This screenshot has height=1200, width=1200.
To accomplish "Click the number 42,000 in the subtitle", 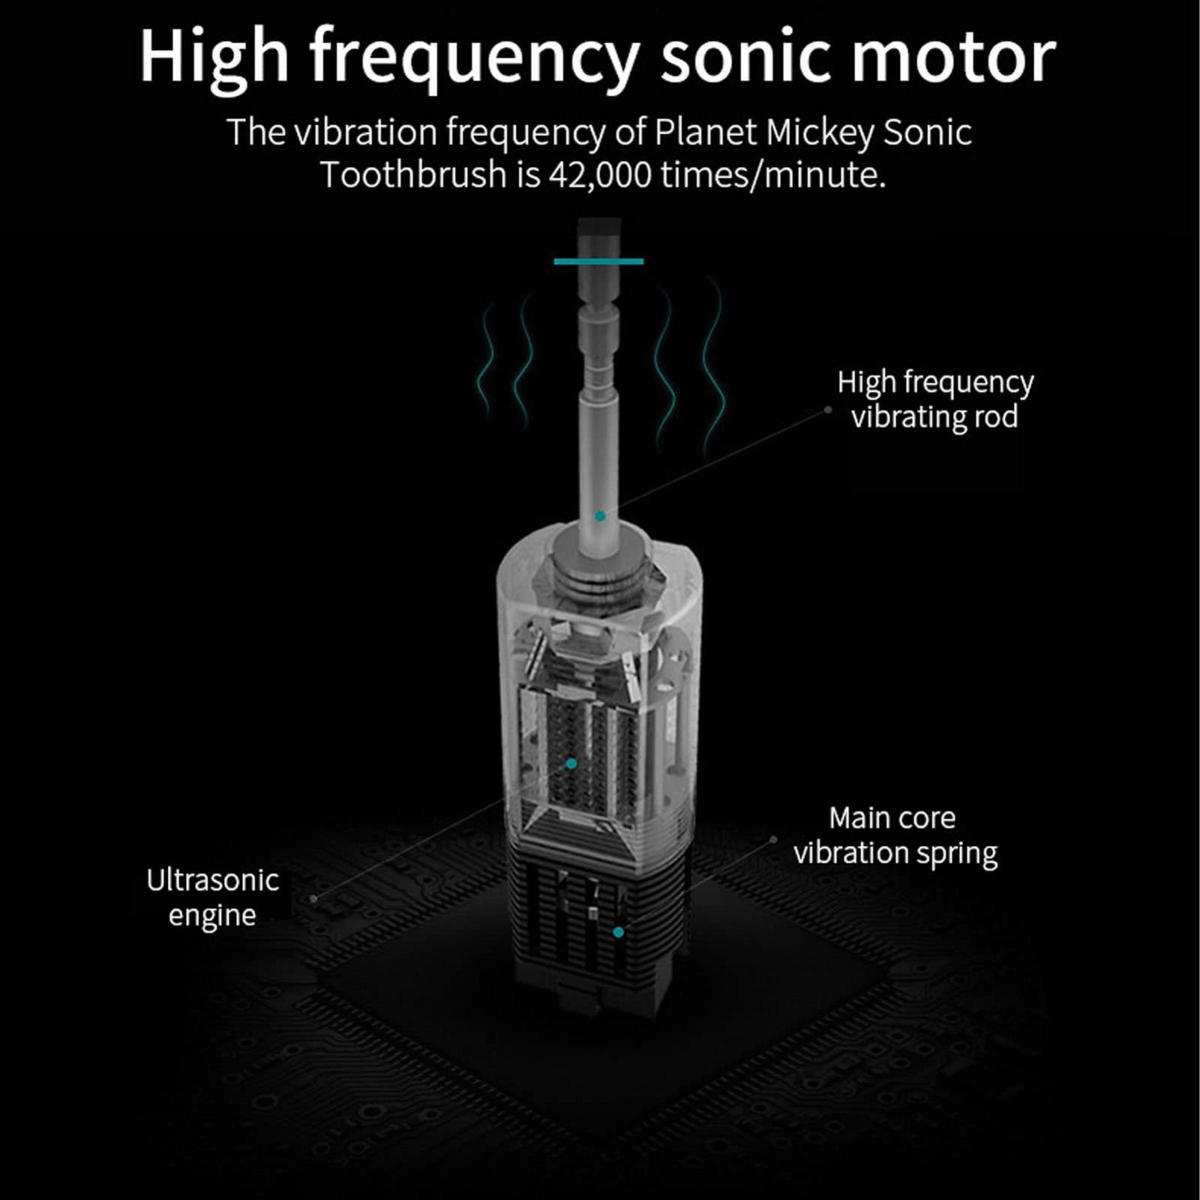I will [x=600, y=175].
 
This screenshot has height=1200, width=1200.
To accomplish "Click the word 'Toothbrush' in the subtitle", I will [x=413, y=175].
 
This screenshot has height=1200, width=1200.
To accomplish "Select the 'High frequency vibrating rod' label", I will [x=934, y=399].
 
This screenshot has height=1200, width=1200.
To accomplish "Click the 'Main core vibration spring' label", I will [x=895, y=835].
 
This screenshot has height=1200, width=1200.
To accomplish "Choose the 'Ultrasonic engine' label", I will [x=212, y=897].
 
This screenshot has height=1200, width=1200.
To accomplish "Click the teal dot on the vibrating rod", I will [x=600, y=516].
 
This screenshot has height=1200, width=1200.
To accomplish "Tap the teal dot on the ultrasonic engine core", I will [x=571, y=763].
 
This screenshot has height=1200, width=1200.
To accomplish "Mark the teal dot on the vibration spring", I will [x=618, y=932].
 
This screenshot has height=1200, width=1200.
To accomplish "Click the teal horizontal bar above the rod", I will [x=598, y=261].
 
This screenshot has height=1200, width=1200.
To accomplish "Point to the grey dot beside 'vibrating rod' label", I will [x=828, y=409].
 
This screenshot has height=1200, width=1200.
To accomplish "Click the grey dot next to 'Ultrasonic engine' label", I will [x=313, y=898].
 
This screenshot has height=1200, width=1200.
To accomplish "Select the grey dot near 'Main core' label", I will [x=773, y=840].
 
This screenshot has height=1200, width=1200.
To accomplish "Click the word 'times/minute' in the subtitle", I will [x=772, y=175].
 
